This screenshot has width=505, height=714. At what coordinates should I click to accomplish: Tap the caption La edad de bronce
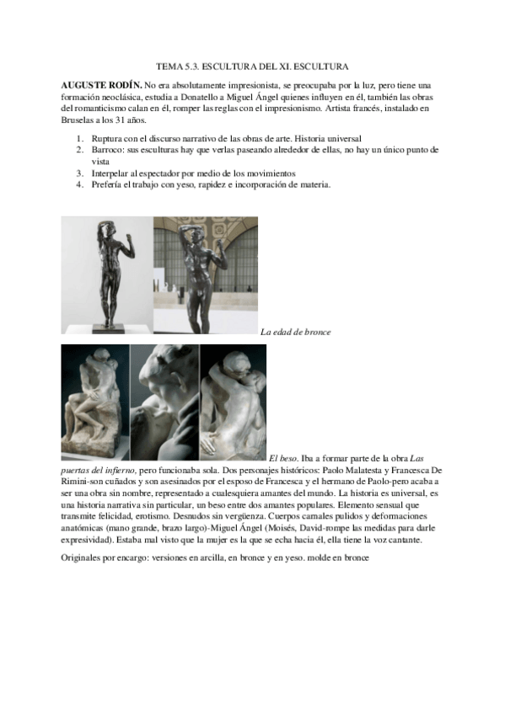pos(295,332)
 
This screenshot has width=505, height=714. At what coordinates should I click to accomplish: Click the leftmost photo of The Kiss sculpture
pos(95,402)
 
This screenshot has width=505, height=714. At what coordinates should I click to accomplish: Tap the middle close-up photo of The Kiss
pos(164,402)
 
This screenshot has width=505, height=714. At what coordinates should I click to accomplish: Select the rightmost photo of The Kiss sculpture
pos(233,402)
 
